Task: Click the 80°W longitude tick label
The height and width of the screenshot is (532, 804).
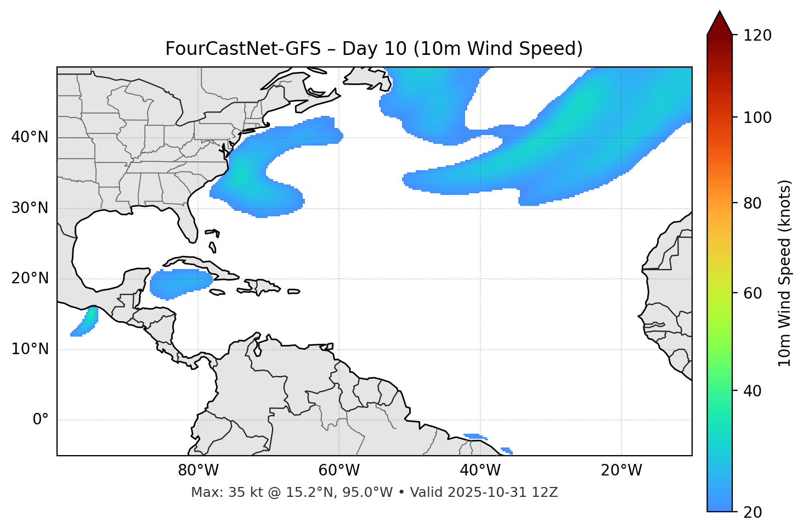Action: (x=198, y=471)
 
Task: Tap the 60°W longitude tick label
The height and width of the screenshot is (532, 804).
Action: (x=339, y=471)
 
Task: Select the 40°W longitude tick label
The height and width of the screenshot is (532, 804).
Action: (x=480, y=471)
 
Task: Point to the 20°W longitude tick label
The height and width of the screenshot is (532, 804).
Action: (x=621, y=471)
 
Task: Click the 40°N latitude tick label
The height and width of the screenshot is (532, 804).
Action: (x=30, y=137)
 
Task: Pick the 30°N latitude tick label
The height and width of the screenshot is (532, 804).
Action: (x=30, y=208)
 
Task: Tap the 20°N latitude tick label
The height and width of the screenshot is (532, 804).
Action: (x=30, y=278)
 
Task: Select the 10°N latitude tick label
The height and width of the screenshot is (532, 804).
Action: (x=30, y=349)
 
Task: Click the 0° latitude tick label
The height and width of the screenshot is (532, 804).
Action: (x=41, y=420)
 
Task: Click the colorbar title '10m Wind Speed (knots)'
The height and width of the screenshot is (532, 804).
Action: (x=785, y=273)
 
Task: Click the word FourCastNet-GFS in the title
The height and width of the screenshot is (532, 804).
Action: (x=243, y=49)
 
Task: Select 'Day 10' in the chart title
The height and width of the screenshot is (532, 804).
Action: (x=375, y=49)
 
